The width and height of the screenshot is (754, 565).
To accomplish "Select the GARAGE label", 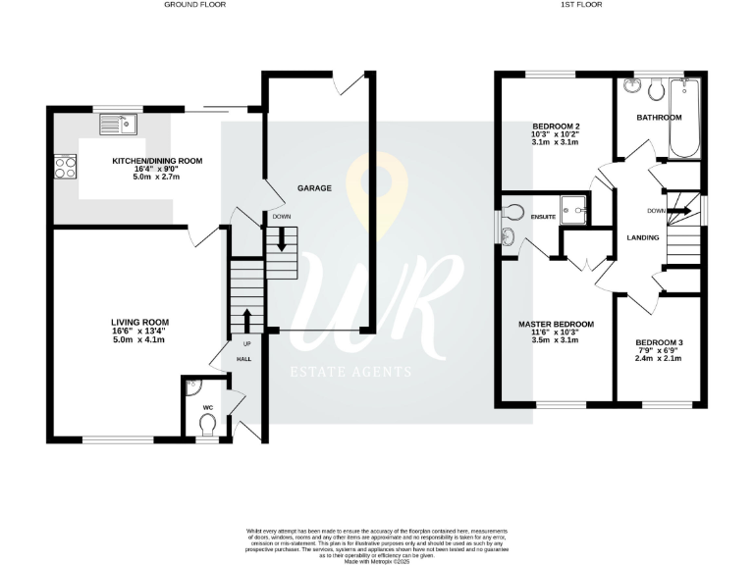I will pyautogui.click(x=314, y=187).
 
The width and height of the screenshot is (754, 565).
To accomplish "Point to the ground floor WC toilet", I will pyautogui.click(x=206, y=425).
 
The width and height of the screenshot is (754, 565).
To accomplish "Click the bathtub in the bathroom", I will pyautogui.click(x=683, y=122).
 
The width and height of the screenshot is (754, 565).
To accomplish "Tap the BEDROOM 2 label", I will pyautogui.click(x=557, y=127).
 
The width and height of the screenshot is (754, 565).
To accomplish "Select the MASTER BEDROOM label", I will pyautogui.click(x=556, y=324).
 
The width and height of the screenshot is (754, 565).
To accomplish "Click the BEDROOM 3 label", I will pyautogui.click(x=659, y=341).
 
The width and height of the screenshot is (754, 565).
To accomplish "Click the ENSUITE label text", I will pyautogui.click(x=543, y=216).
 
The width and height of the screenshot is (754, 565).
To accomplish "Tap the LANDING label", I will pyautogui.click(x=643, y=237).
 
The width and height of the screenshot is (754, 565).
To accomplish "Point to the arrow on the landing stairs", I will pyautogui.click(x=682, y=210).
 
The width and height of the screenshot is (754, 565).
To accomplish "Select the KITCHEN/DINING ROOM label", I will pyautogui.click(x=157, y=161).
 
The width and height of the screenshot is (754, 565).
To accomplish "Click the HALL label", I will pyautogui.click(x=243, y=360).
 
